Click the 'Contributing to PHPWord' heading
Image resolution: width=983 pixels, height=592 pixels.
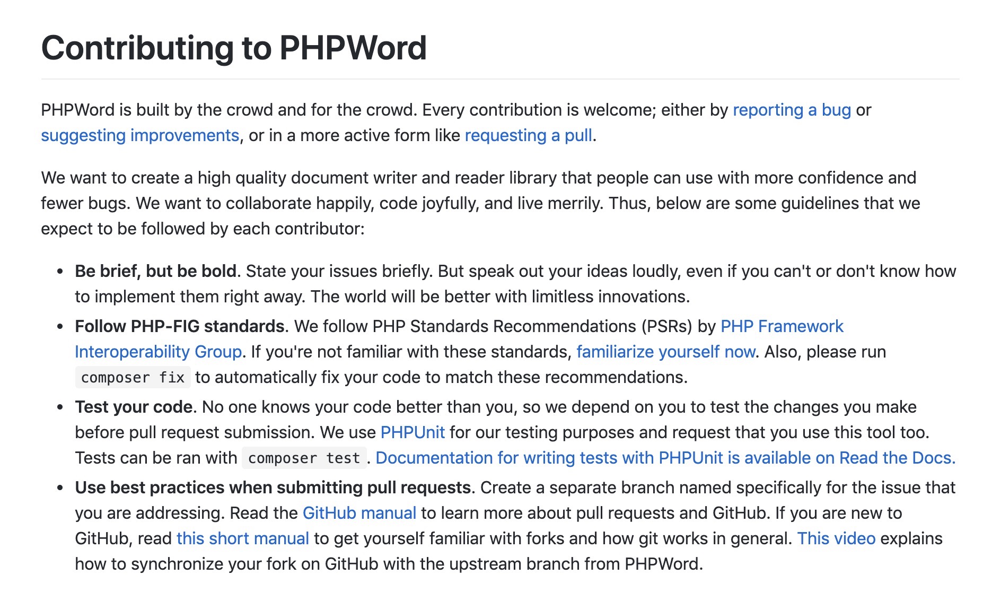click(234, 48)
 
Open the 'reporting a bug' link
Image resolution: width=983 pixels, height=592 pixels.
click(792, 110)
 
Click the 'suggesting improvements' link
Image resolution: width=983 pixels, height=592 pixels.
click(140, 135)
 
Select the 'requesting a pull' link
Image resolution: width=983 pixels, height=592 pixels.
click(528, 135)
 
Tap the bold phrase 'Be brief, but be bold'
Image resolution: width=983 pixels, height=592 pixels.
click(155, 271)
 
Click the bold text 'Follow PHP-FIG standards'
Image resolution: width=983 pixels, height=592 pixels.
click(180, 326)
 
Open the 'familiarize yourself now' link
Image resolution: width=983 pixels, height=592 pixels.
click(665, 352)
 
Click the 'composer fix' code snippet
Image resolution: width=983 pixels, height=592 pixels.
click(133, 378)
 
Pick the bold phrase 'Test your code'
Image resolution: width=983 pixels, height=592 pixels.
click(134, 407)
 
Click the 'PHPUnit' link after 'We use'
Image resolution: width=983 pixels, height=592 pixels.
click(412, 432)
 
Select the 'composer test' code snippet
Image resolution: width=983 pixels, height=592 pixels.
click(304, 458)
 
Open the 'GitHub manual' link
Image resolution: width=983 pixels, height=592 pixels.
click(359, 513)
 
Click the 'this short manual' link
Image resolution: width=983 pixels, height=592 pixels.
click(242, 538)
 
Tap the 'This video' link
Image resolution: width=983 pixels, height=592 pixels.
click(836, 538)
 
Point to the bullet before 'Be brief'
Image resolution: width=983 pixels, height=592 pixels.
click(60, 272)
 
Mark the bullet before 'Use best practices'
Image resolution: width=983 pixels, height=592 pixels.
click(60, 488)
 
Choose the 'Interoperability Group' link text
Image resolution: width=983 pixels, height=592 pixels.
click(158, 352)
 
